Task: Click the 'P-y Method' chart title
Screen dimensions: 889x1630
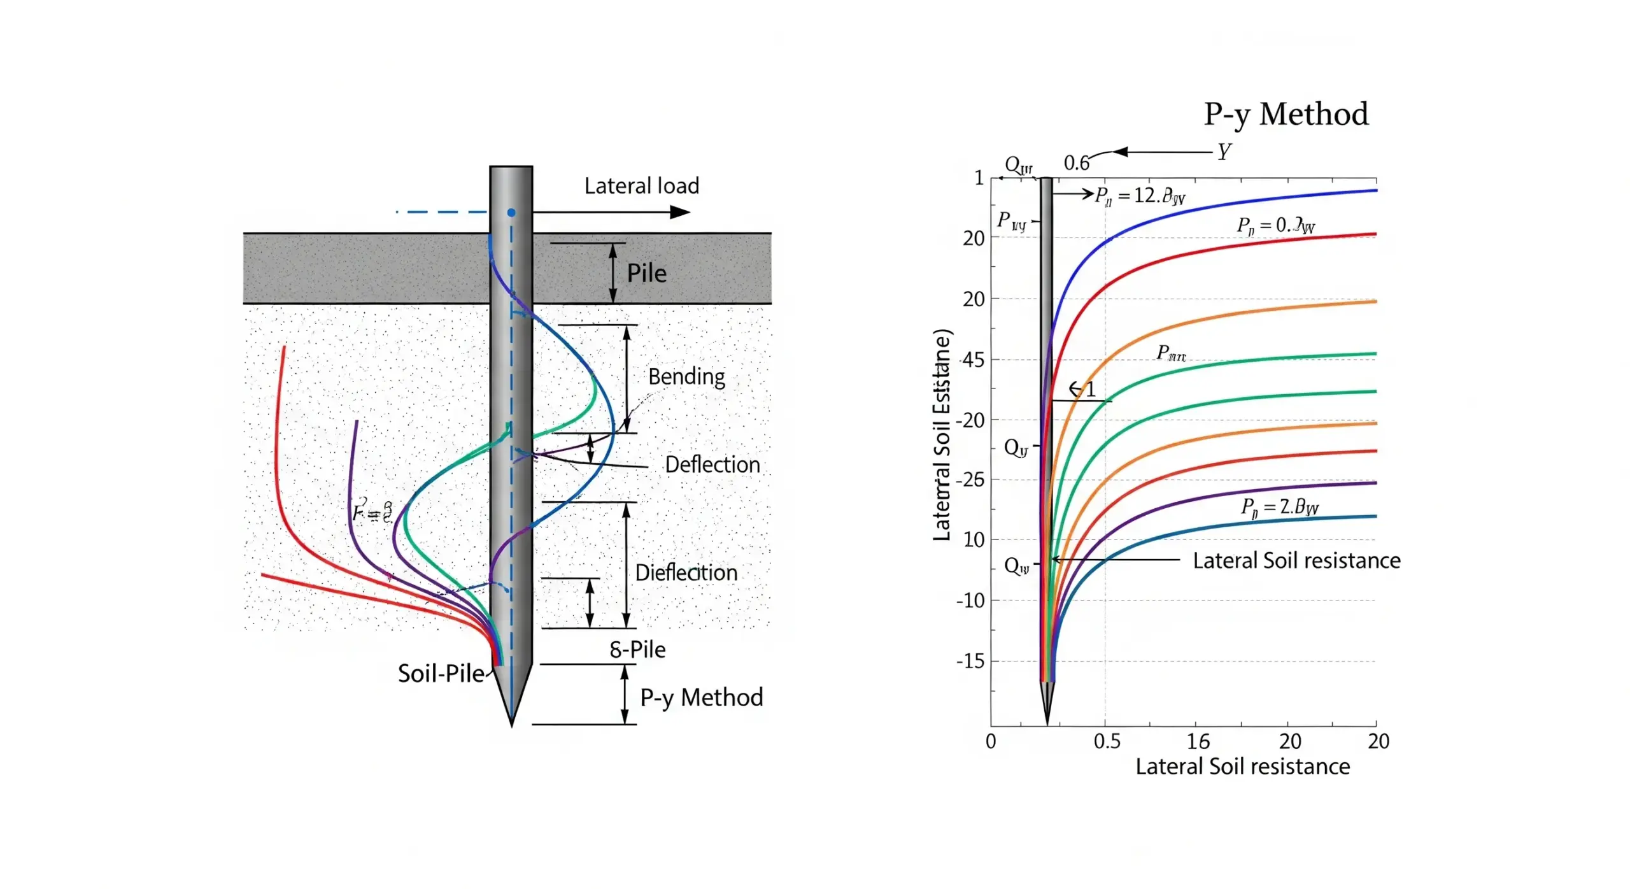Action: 1285,115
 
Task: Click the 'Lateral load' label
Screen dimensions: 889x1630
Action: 641,186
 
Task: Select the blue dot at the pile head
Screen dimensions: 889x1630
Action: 511,213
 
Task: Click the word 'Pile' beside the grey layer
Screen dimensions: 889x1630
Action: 646,273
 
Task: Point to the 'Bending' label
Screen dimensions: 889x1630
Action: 686,376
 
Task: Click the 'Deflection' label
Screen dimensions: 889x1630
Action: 712,464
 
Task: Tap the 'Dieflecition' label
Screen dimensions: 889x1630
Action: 686,573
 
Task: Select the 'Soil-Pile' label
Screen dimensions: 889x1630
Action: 441,673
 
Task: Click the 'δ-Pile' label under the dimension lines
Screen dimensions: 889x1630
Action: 637,650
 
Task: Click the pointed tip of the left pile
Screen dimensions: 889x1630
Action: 511,723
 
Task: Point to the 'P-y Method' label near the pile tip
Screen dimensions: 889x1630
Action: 701,697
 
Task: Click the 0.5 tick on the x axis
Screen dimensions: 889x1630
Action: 1107,741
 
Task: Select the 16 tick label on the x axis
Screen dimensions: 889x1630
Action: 1198,741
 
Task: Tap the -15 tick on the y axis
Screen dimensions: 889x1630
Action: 970,661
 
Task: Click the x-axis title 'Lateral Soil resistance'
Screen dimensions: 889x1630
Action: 1242,766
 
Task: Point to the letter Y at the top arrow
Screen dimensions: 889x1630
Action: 1224,152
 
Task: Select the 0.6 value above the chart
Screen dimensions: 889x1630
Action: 1076,163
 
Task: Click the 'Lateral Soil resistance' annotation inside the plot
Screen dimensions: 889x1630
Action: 1296,560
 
